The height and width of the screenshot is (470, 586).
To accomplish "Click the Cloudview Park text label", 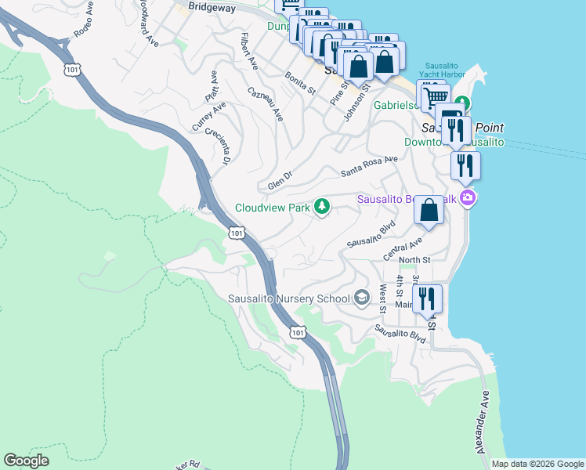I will (272, 208).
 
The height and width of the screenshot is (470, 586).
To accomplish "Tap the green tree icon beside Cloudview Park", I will (321, 207).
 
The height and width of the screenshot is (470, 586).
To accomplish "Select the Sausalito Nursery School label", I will (289, 298).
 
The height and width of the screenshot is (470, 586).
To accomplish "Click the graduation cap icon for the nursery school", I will (362, 298).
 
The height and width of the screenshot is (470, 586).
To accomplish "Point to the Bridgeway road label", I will (212, 5).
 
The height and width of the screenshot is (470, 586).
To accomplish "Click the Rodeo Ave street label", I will (88, 26).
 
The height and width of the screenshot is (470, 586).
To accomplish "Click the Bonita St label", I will (300, 82).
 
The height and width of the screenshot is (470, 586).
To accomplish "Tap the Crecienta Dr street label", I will (215, 146).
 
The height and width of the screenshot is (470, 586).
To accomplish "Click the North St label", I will (414, 259).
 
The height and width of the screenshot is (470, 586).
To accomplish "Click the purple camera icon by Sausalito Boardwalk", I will (468, 197).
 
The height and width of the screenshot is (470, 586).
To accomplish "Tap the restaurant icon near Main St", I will (427, 298).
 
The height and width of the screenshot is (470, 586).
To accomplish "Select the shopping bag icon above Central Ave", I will (429, 210).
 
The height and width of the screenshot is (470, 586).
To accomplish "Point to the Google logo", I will (27, 460).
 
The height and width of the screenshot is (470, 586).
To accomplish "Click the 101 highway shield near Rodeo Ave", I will (73, 70).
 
